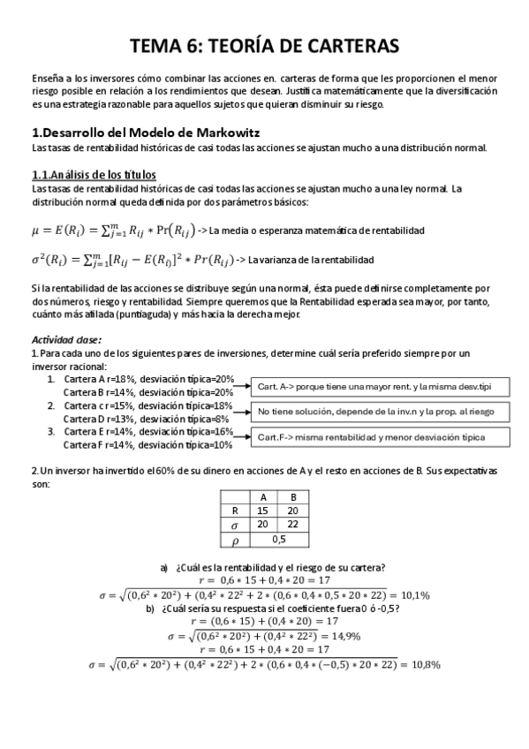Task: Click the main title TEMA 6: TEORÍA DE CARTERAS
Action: (265, 45)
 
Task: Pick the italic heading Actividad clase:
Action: (66, 339)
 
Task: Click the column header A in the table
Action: (263, 496)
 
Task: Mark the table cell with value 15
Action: (263, 510)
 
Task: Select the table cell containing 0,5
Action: (278, 538)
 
